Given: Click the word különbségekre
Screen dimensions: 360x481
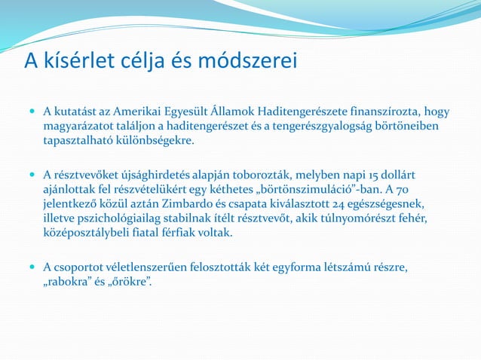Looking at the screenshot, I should [x=156, y=141].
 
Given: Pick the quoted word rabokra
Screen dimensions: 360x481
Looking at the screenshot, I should [x=70, y=282].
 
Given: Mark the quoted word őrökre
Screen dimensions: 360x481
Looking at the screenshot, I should [x=130, y=282].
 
